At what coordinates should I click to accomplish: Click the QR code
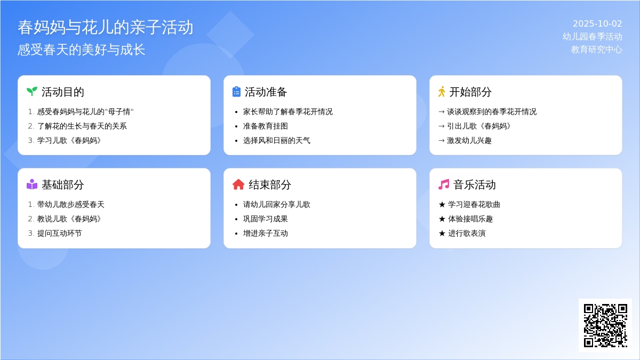pyautogui.click(x=605, y=325)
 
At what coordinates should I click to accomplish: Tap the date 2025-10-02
pyautogui.click(x=597, y=23)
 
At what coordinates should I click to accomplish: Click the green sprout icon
pyautogui.click(x=31, y=91)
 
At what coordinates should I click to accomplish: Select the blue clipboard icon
pyautogui.click(x=236, y=92)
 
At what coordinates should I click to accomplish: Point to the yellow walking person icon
pyautogui.click(x=442, y=92)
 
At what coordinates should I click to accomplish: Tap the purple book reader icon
pyautogui.click(x=31, y=185)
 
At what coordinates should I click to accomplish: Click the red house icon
pyautogui.click(x=238, y=185)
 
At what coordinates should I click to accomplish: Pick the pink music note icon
pyautogui.click(x=444, y=185)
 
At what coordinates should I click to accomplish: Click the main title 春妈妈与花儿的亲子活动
pyautogui.click(x=106, y=27)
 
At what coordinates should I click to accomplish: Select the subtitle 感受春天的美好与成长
pyautogui.click(x=82, y=50)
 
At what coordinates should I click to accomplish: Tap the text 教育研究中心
pyautogui.click(x=597, y=50)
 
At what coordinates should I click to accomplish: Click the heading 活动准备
pyautogui.click(x=266, y=92)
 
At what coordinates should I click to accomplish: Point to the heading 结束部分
pyautogui.click(x=270, y=185)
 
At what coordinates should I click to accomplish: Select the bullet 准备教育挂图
pyautogui.click(x=266, y=126)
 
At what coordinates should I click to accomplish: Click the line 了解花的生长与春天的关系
pyautogui.click(x=82, y=126)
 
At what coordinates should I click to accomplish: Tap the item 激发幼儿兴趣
pyautogui.click(x=469, y=140)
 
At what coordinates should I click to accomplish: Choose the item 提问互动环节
pyautogui.click(x=59, y=233)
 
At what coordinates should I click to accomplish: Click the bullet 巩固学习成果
pyautogui.click(x=266, y=219)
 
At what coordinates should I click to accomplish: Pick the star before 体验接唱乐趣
pyautogui.click(x=442, y=219)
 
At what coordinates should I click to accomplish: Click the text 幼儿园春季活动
pyautogui.click(x=593, y=37)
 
